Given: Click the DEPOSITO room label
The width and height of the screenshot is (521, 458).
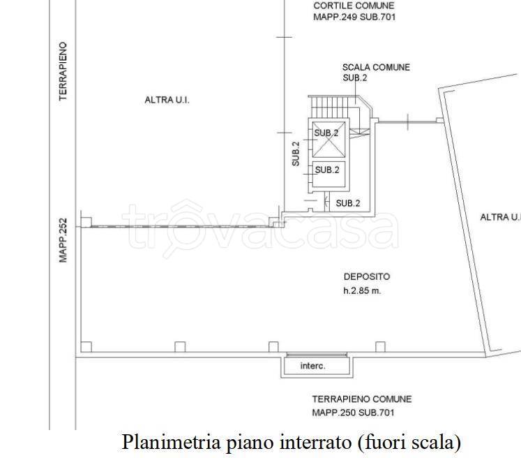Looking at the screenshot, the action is coord(367,276).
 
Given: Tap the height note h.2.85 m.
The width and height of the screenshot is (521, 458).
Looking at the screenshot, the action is coord(362,290).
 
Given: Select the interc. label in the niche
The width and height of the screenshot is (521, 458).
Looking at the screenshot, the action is coord(312,366).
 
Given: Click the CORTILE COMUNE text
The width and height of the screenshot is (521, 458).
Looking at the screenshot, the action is coord(354,6).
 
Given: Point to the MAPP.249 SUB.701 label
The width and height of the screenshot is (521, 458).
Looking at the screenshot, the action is coord(354,17).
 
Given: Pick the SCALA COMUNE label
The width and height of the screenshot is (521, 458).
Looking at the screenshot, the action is coord(376,67).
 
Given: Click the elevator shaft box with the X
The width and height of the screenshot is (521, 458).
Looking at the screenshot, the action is coord(329,139).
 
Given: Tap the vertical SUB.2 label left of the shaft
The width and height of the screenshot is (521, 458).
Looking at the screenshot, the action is coord(296,154).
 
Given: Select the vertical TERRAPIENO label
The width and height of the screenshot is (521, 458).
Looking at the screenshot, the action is coord(63,71).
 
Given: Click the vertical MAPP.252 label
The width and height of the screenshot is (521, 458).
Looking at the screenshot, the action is coord(63,240).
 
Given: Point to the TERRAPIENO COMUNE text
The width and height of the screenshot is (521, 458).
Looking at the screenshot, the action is coord(362,399).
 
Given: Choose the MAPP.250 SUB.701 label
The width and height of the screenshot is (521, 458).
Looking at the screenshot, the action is coord(353,413).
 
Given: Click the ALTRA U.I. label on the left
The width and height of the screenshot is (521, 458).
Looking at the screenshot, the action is coord(167,100).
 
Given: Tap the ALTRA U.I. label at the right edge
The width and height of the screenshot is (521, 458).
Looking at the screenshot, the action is coord(500,217).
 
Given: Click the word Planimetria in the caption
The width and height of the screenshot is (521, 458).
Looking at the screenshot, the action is coord(171,443).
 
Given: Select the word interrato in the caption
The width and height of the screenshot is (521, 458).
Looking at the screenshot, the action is coord(316,443).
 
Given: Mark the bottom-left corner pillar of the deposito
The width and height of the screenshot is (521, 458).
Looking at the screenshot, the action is coord(86,346).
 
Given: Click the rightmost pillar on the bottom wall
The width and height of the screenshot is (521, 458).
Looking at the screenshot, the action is coord(380,346).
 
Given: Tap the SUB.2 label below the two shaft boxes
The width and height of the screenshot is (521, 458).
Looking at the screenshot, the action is coord(348,203).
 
